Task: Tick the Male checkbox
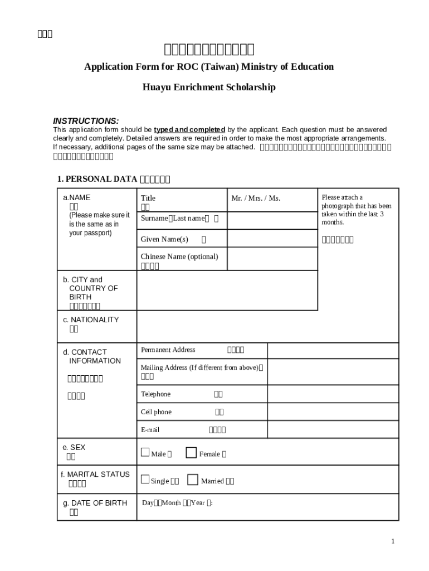[145, 452]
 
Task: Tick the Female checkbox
[191, 452]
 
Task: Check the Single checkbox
[145, 479]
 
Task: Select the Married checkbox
[193, 479]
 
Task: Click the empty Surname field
[272, 220]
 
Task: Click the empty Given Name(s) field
[272, 239]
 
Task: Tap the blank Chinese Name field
[272, 259]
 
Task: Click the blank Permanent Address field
[333, 350]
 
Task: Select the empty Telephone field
[333, 394]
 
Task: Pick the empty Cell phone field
[333, 412]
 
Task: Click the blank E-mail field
[333, 429]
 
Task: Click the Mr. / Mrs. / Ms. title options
[256, 199]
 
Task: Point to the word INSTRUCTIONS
[86, 121]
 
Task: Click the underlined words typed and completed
[189, 130]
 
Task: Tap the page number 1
[393, 541]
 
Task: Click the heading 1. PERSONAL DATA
[97, 179]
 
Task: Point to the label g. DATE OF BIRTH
[95, 503]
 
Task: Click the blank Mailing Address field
[333, 371]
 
